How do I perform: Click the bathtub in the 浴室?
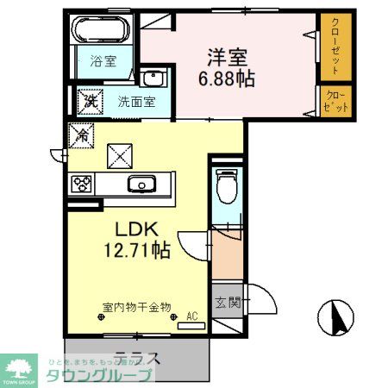(x=101, y=33)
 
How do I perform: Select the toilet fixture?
(x=227, y=185)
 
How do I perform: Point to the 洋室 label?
(x=228, y=57)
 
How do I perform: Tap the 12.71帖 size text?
(x=138, y=251)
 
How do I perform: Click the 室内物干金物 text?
(x=137, y=306)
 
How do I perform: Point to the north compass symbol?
(x=336, y=320)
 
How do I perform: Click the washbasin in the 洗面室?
(x=153, y=79)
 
